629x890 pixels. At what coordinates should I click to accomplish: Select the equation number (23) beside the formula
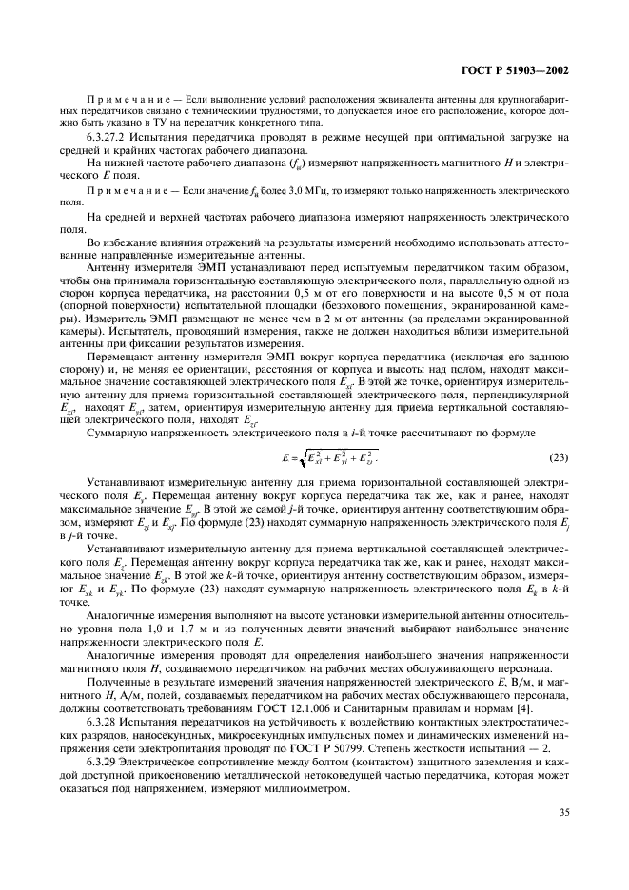click(x=559, y=458)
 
